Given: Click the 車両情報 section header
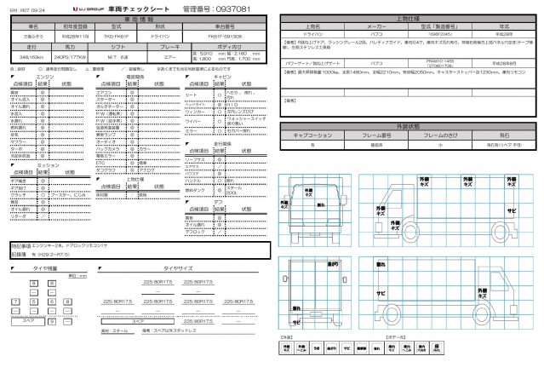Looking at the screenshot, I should pos(137,19).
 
